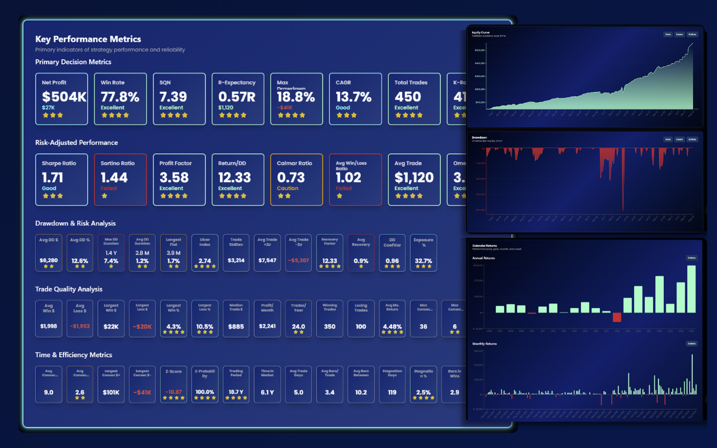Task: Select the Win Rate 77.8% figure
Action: pos(119,97)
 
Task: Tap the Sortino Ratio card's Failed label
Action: pos(109,188)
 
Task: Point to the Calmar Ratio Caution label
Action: pos(287,188)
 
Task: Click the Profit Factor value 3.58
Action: pos(174,177)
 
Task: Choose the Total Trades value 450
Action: pos(409,97)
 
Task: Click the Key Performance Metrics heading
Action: pos(88,39)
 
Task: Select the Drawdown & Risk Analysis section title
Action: pos(75,223)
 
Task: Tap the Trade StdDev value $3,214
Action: pos(236,261)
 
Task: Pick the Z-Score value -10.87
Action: pos(173,392)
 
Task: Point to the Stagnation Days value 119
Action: pos(392,392)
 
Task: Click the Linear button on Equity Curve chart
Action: pos(679,35)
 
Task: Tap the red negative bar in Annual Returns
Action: pos(617,317)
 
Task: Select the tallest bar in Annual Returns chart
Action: pos(691,289)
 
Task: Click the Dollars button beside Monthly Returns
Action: pos(692,344)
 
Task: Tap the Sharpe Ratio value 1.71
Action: pos(53,177)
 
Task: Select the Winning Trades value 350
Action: pos(329,327)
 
